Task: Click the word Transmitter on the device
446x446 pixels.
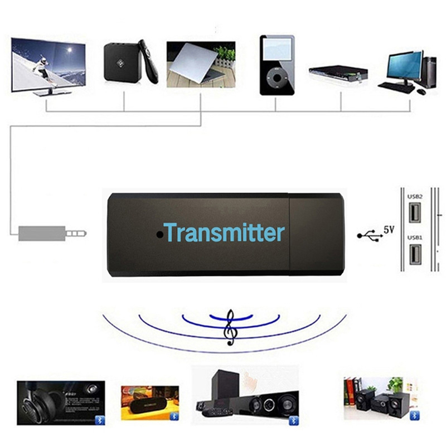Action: click(x=224, y=232)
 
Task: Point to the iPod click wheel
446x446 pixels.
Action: click(x=275, y=79)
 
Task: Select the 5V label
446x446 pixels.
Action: click(x=389, y=229)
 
